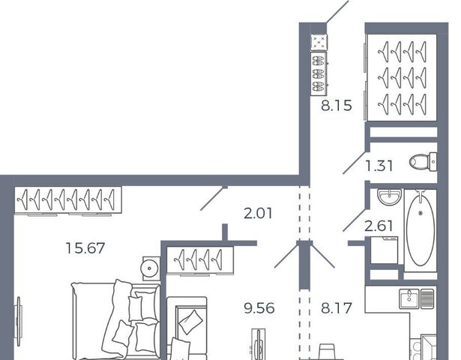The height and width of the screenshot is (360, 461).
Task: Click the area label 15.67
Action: coord(85,248)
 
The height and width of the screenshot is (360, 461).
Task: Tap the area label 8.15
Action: coord(336,105)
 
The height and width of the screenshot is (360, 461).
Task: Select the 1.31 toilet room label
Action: coord(379,166)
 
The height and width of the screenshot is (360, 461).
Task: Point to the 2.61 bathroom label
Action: coord(379,226)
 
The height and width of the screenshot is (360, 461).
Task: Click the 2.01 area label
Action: coord(258,213)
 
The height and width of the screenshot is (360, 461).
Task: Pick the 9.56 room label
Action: coord(259,308)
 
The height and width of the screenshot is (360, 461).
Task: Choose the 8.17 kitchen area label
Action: coord(337,308)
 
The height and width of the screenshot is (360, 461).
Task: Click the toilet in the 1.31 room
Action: coord(423,161)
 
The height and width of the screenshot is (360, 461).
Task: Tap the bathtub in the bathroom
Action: coord(421,230)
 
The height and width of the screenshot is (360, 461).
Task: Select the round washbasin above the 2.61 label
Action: coord(389,196)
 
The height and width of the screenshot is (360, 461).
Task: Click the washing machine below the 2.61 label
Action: coord(385,250)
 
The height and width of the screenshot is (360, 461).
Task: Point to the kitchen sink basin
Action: coord(409,298)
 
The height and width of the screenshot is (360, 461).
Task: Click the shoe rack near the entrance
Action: coord(319,73)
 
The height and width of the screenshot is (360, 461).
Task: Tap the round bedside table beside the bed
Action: coord(150,268)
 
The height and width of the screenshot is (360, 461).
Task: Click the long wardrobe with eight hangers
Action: coord(68,199)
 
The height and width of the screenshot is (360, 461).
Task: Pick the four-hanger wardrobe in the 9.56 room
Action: coord(200,259)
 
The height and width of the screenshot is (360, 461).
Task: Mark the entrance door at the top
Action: coord(337,11)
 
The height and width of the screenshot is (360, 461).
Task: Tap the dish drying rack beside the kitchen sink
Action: coord(427,298)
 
